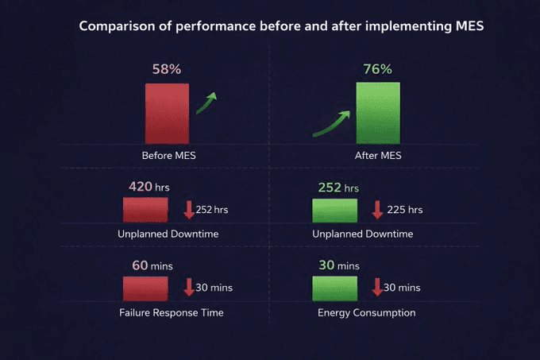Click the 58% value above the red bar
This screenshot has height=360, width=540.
pos(166,69)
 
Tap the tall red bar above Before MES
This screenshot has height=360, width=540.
pos(167,113)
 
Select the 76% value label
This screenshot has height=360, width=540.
pos(377,69)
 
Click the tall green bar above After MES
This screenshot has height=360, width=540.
pos(378,113)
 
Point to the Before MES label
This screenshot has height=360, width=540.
pos(168,156)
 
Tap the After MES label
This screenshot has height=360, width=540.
pos(378,156)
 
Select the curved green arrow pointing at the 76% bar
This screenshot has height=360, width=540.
pos(332,123)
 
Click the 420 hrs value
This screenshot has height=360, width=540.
pos(149,188)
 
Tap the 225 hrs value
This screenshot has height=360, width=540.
pos(404,211)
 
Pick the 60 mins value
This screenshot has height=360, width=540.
pos(152,265)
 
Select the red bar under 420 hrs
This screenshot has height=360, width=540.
pos(145,210)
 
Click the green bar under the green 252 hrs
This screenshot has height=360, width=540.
pos(334,210)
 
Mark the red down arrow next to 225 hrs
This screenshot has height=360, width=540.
pos(377,210)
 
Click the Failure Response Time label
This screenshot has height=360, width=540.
pos(171,312)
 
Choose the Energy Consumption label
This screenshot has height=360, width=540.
pos(366,312)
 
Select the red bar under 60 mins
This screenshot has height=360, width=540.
pos(145,288)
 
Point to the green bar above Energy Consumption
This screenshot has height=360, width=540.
pos(334,288)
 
